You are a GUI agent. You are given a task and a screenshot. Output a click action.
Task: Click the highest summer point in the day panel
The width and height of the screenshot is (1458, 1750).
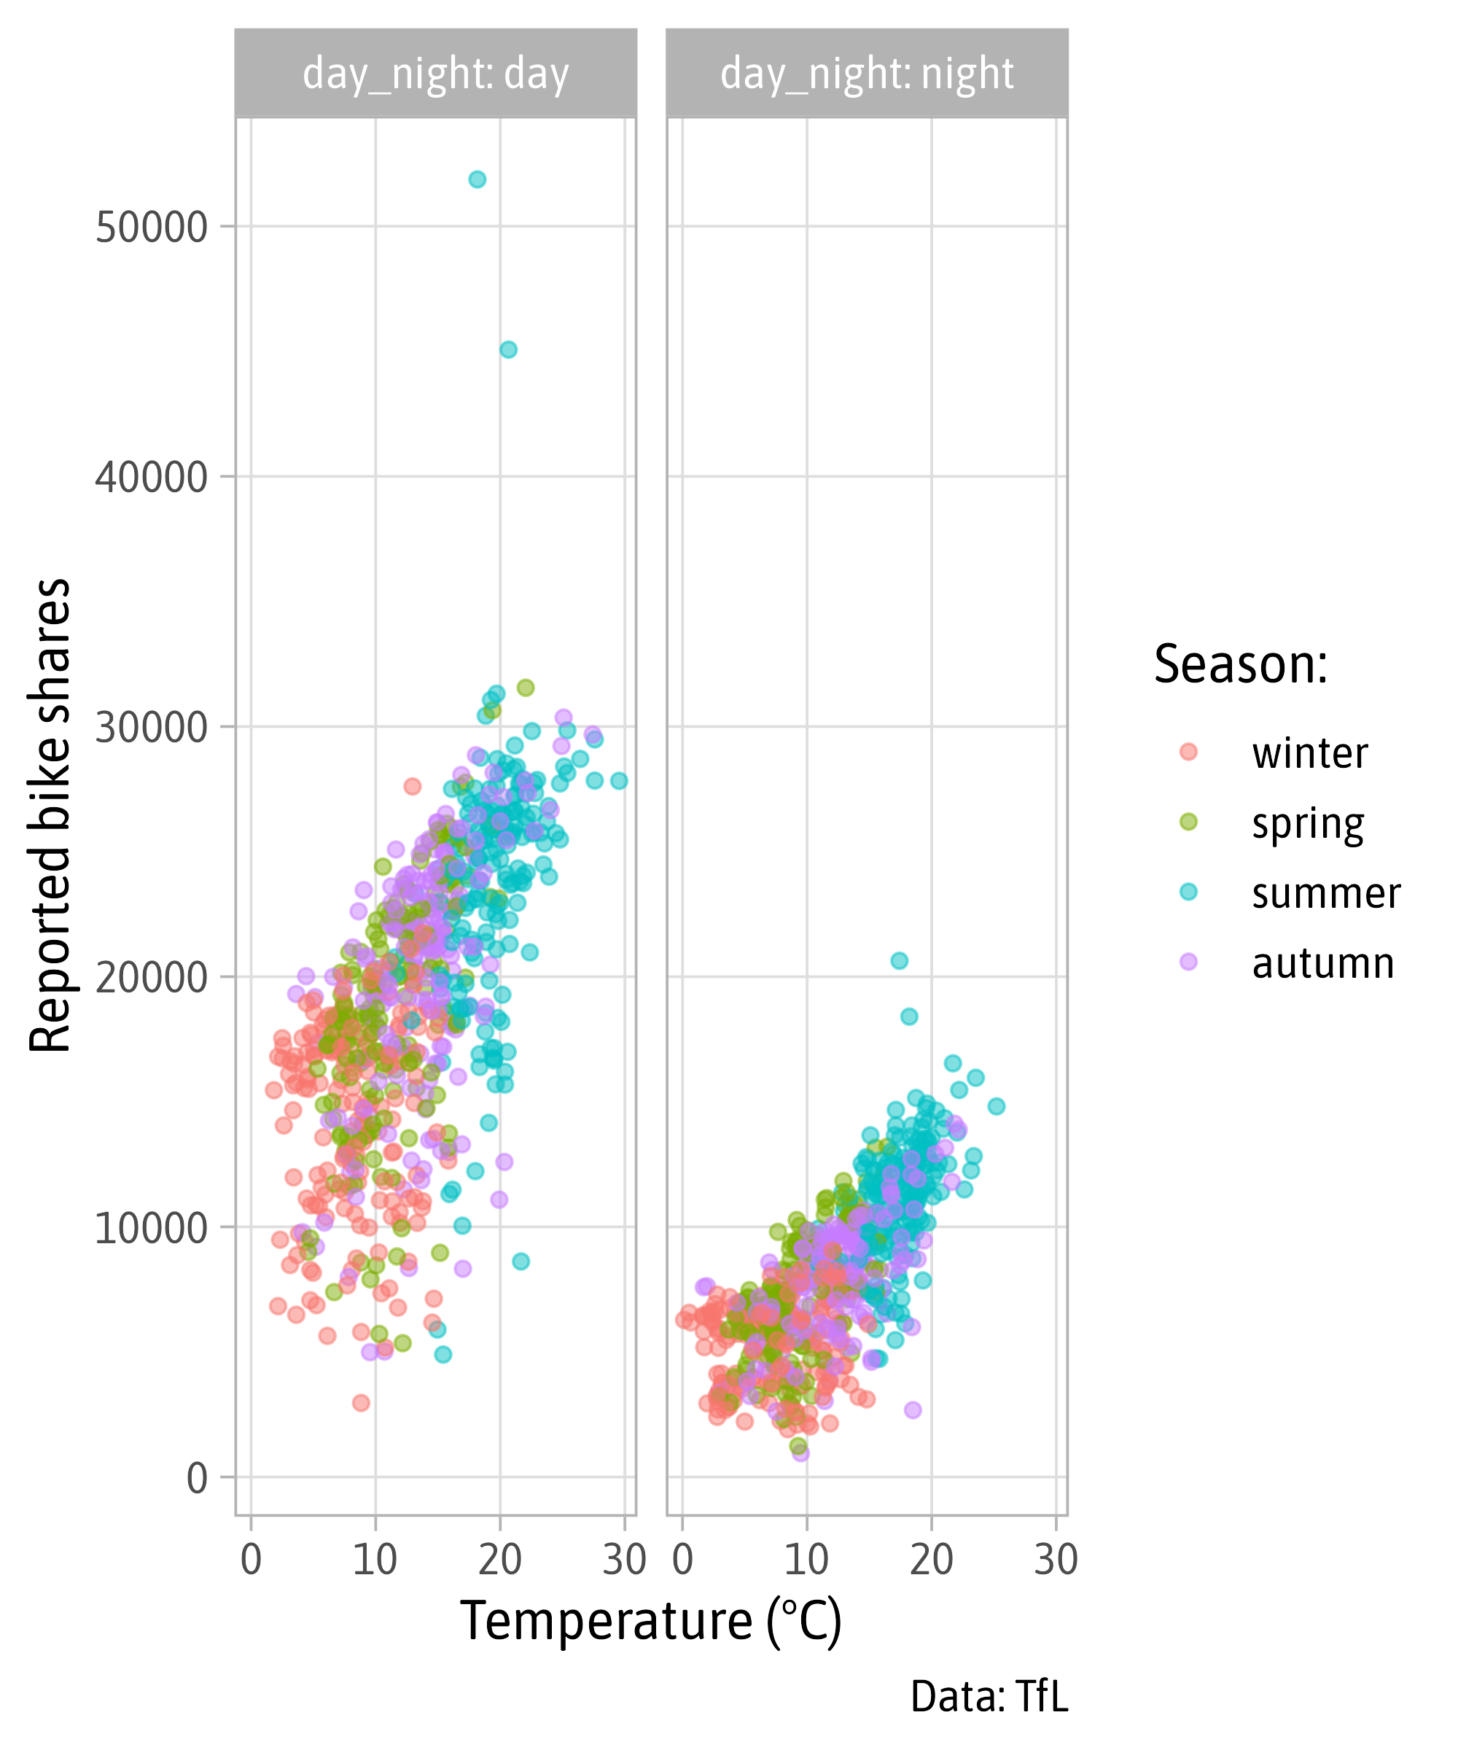(477, 179)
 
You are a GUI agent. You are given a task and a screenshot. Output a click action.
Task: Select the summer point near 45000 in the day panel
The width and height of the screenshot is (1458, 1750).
(508, 349)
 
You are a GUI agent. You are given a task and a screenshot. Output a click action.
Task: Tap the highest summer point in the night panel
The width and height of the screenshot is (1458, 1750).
(899, 961)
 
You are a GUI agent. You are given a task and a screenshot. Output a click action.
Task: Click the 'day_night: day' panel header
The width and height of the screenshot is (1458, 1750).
(436, 74)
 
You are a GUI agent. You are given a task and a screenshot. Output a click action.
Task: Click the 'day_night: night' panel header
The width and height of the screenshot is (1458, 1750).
(867, 74)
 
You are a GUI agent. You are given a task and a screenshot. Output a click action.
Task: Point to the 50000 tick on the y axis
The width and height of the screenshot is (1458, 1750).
(151, 227)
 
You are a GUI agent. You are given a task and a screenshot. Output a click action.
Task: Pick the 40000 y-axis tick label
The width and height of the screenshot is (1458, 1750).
(151, 477)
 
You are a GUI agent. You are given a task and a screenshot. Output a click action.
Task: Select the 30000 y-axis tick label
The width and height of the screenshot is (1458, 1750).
(151, 727)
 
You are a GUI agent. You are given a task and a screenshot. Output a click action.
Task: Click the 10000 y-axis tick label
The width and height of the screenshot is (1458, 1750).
(151, 1226)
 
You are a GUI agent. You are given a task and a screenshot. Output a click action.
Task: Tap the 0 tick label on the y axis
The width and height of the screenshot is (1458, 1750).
(197, 1477)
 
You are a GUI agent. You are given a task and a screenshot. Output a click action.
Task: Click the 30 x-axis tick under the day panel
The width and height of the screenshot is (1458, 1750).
(624, 1558)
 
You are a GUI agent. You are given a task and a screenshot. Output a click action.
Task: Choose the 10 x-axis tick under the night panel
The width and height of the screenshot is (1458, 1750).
(806, 1558)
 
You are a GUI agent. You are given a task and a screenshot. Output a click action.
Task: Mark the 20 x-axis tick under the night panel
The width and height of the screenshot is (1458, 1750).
(932, 1558)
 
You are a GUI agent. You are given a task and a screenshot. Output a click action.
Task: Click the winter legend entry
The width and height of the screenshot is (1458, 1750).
(1309, 752)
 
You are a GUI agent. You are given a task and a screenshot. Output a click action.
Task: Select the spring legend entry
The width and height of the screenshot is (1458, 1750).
(1307, 823)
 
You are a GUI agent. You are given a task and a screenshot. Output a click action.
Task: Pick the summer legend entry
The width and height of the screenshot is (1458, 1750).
(1325, 892)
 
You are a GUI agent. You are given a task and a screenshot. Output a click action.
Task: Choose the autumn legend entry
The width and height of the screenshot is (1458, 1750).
(1322, 962)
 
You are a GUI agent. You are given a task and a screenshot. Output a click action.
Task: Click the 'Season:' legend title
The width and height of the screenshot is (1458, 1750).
(1241, 664)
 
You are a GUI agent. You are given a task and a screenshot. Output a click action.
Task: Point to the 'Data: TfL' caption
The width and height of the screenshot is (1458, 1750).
(989, 1697)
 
